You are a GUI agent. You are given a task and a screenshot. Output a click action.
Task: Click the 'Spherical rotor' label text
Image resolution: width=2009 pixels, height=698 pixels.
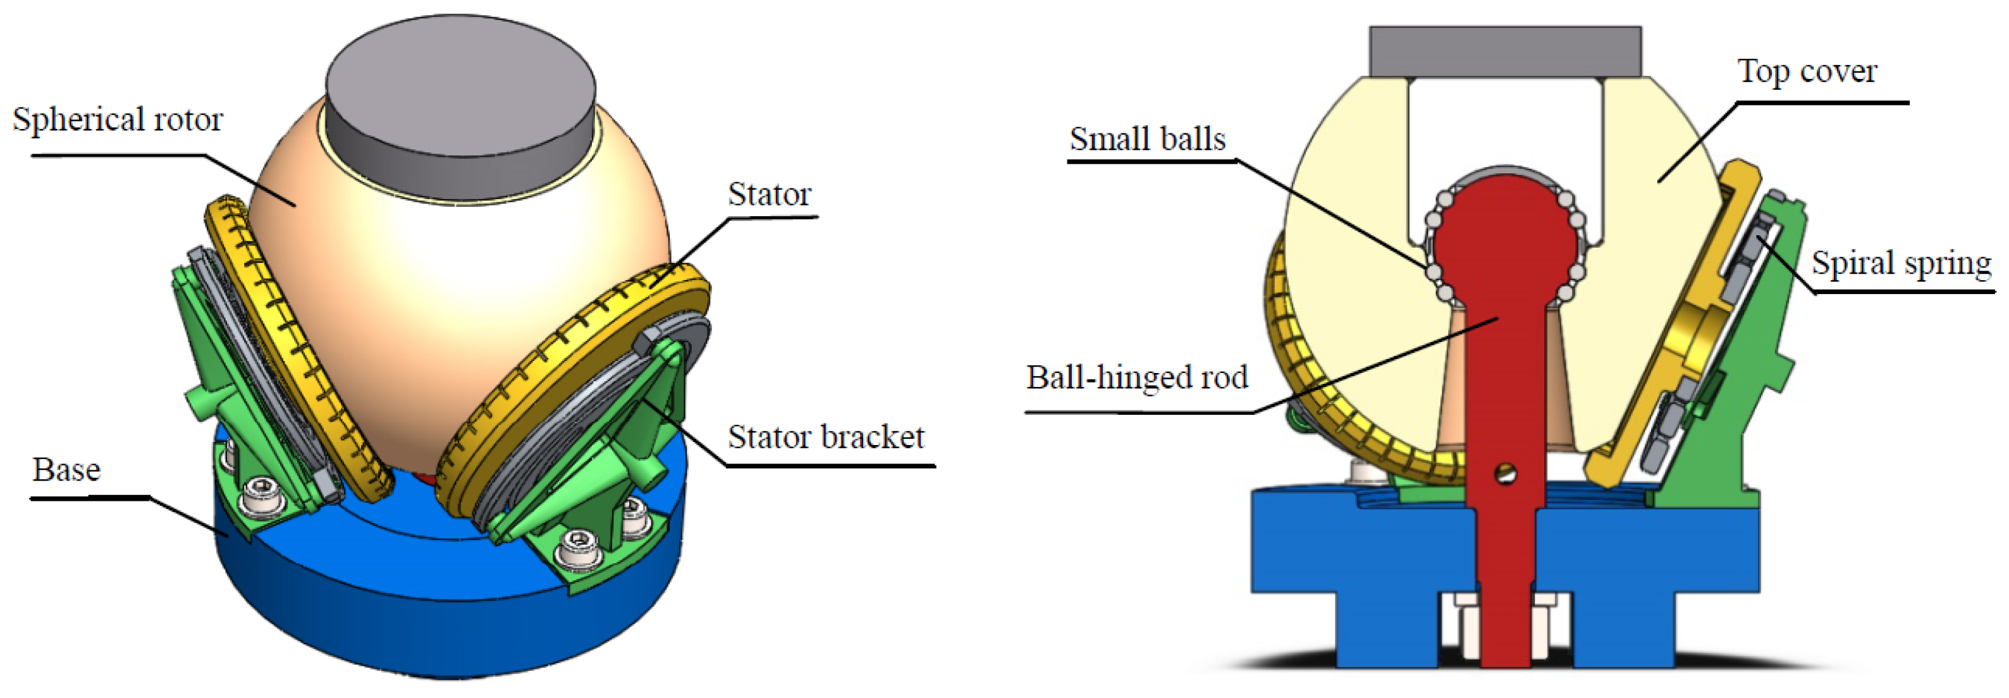118,119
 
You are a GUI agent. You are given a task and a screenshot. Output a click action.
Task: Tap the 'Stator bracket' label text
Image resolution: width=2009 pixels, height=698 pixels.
825,437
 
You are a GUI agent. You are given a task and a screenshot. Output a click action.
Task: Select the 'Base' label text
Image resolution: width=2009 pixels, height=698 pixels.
66,470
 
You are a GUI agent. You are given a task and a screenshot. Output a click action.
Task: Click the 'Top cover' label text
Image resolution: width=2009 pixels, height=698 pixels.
1806,71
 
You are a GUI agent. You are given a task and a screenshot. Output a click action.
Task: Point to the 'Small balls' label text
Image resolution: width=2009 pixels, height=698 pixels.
1146,139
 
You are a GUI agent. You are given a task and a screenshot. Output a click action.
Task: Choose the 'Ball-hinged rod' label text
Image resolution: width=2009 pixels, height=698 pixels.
1136,377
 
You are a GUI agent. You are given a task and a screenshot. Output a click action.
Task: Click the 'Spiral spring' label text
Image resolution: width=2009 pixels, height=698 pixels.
1901,263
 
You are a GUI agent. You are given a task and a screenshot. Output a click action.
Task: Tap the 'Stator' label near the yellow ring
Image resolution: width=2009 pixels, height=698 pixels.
769,194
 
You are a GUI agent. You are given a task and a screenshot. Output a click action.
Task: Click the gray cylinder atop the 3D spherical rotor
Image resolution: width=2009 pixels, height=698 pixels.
460,109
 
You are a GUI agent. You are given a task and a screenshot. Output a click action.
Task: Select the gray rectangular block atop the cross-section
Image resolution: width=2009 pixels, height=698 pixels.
1504,51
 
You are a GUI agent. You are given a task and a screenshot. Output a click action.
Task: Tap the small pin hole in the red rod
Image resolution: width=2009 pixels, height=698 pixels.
1505,473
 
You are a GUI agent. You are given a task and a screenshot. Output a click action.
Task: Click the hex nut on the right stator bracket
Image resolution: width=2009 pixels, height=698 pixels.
649,341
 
